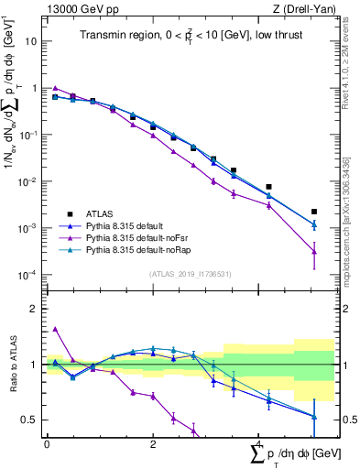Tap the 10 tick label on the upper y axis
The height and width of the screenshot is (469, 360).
(30, 41)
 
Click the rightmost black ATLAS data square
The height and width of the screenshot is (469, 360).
(314, 212)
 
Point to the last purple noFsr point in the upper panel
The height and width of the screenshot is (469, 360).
(314, 252)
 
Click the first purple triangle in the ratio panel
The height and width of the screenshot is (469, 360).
(55, 329)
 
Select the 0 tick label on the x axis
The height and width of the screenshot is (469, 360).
(47, 442)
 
